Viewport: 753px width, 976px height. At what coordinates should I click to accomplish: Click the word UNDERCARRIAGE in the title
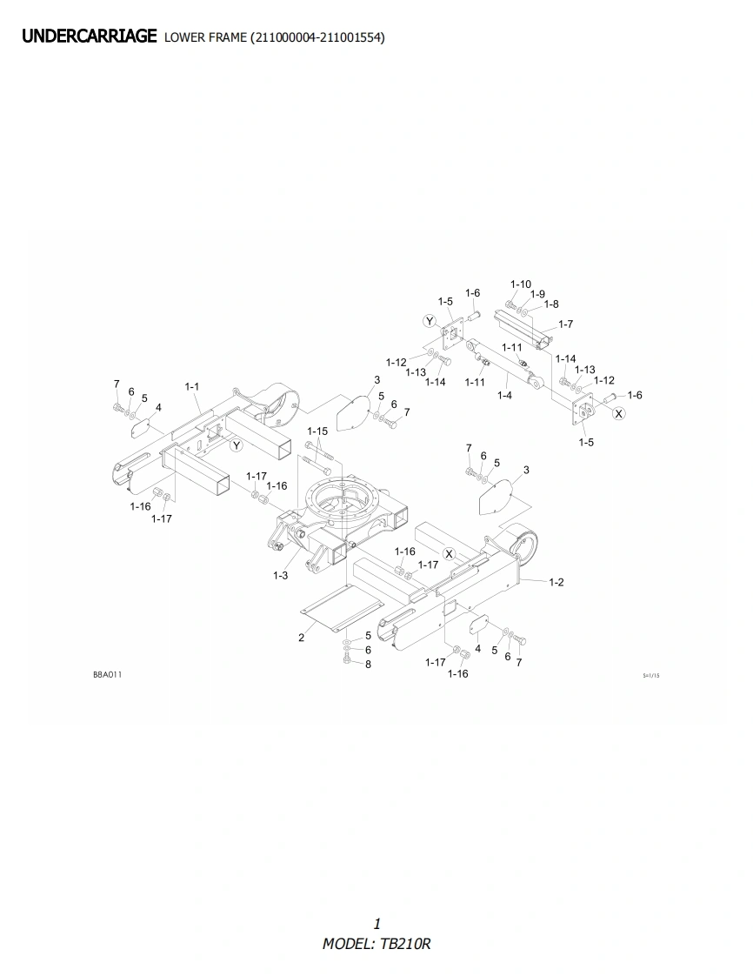89,37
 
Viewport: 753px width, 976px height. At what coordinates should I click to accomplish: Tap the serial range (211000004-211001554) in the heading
317,38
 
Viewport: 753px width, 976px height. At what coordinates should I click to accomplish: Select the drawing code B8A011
108,675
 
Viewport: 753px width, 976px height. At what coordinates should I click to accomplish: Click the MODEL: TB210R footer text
376,944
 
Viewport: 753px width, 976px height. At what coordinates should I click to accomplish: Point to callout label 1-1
191,386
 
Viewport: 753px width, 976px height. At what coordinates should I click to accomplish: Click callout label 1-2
556,582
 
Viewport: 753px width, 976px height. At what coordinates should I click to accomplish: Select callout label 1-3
281,575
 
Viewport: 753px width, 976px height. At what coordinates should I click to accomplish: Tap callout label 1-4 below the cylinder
504,395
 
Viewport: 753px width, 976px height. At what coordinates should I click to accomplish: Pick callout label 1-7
566,324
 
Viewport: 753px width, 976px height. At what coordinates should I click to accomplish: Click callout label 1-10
521,284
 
